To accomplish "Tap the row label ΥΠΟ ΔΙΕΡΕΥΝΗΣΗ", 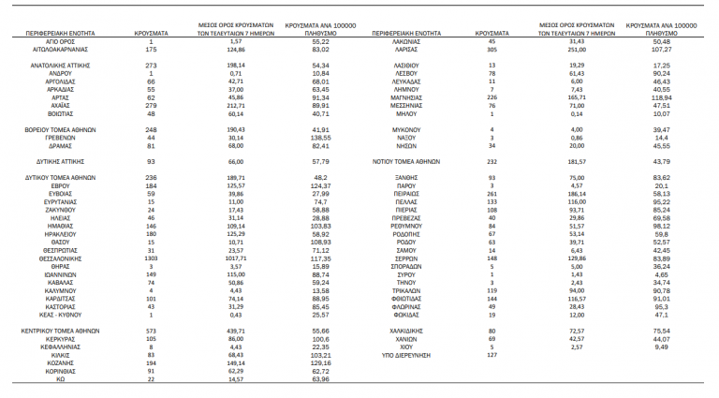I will [405, 356].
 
